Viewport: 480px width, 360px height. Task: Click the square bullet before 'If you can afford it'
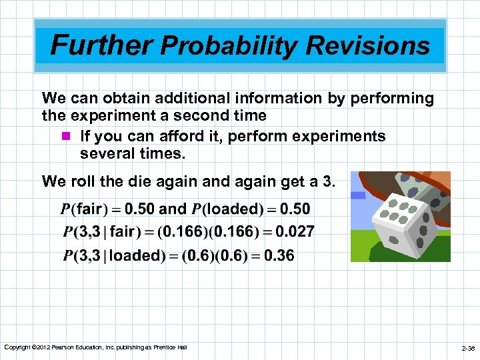tap(65, 137)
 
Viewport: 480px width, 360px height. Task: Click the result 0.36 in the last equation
tap(278, 256)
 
